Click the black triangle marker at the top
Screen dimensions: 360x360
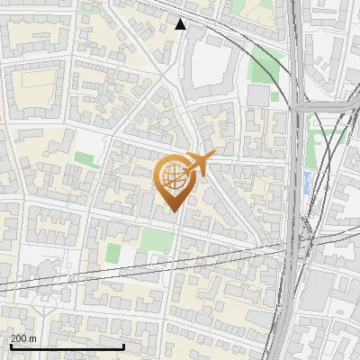[180, 24]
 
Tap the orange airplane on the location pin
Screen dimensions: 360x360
[201, 164]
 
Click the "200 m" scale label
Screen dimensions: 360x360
[24, 338]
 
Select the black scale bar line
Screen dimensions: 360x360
[67, 346]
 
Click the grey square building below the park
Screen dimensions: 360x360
[259, 94]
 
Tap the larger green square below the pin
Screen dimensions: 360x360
[157, 240]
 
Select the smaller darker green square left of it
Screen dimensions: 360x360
[112, 253]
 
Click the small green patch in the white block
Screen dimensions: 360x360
[86, 159]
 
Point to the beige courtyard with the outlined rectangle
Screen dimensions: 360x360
[36, 79]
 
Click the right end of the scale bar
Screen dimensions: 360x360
[123, 346]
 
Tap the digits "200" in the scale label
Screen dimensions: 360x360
[19, 338]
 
